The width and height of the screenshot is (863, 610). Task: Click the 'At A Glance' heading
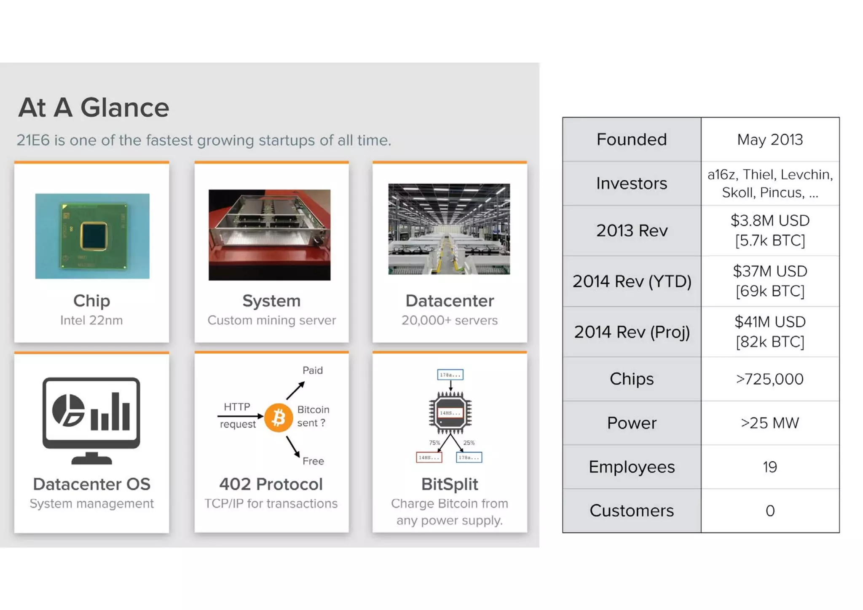tap(94, 107)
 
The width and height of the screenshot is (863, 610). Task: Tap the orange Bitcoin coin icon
tap(279, 417)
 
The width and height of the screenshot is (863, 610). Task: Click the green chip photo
tap(92, 236)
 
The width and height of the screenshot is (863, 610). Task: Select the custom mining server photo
tap(269, 235)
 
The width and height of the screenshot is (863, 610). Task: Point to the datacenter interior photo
tap(449, 229)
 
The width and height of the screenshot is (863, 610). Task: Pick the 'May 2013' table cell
tap(770, 139)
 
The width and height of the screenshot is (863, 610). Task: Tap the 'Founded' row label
tap(631, 139)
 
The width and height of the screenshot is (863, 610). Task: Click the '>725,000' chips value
tap(770, 379)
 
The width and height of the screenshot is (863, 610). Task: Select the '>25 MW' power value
tap(770, 423)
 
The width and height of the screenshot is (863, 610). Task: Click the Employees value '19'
tap(770, 467)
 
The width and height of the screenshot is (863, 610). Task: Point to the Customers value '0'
tap(770, 511)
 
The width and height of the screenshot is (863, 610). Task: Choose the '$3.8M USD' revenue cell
tap(770, 221)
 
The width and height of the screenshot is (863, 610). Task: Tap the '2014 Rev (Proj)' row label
tap(631, 332)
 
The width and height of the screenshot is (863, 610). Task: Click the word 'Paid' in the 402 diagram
tap(313, 370)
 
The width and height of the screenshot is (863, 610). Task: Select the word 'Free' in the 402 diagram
tap(313, 461)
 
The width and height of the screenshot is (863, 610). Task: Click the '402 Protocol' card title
tap(271, 484)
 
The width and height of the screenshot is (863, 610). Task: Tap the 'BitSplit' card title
tap(450, 484)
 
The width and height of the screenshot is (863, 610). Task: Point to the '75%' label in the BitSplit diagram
tap(434, 443)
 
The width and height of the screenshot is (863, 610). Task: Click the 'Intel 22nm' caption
tap(91, 320)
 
